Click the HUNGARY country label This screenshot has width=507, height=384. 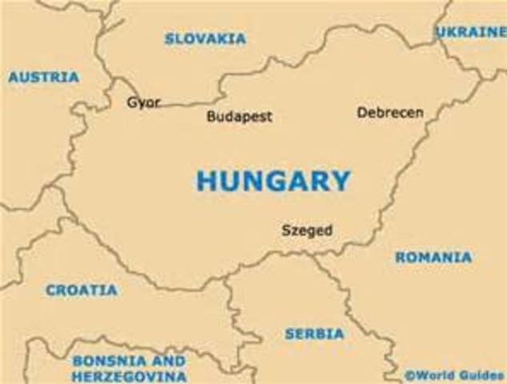click(273, 180)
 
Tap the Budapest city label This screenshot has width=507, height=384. click(239, 117)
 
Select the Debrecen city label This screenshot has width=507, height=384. click(390, 113)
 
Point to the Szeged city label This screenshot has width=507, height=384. click(306, 230)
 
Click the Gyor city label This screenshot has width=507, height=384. click(144, 103)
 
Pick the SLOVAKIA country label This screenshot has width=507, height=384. click(206, 38)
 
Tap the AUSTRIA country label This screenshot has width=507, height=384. click(44, 78)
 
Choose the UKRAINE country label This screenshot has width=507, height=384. click(471, 32)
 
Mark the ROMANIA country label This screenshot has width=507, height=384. click(433, 258)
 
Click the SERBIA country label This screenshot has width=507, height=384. click(314, 334)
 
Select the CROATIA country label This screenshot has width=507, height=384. click(82, 290)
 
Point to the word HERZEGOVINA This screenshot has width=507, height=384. click(130, 375)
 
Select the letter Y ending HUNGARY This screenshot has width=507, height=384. click(341, 181)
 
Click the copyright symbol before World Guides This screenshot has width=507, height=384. click(409, 374)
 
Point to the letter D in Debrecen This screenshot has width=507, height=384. click(362, 113)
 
